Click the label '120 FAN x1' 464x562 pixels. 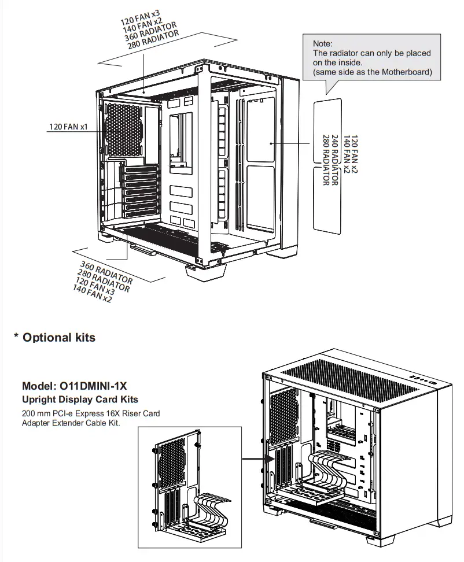pyautogui.click(x=68, y=126)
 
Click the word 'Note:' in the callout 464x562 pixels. pyautogui.click(x=322, y=44)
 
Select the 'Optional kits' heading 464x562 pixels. pyautogui.click(x=59, y=338)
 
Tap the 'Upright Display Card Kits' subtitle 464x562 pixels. pyautogui.click(x=80, y=400)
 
